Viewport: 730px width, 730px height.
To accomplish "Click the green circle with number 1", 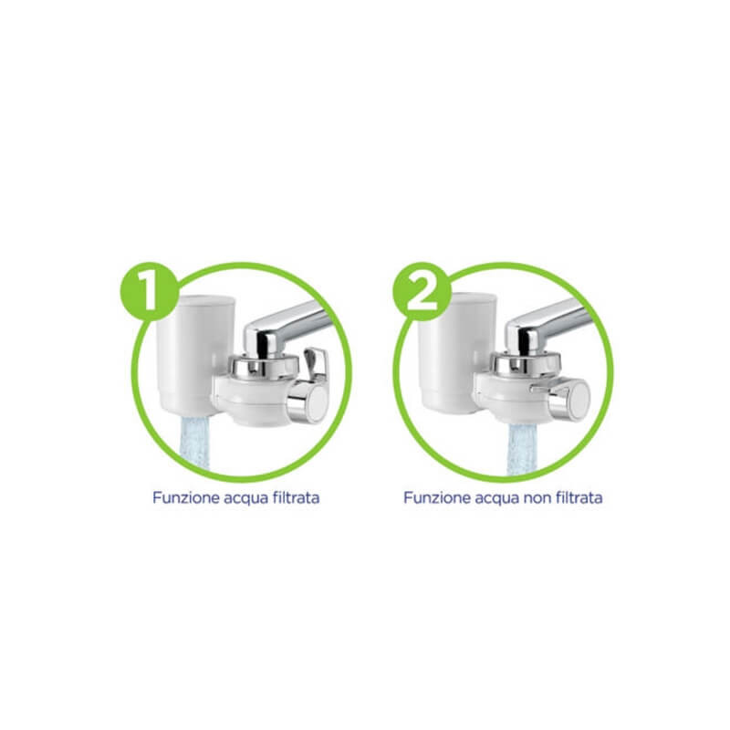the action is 150,291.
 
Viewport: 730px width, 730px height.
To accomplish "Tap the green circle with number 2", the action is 422,291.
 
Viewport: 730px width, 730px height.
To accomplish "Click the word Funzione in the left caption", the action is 186,497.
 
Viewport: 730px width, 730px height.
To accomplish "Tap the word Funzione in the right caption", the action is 437,497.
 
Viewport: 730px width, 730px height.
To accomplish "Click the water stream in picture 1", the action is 194,443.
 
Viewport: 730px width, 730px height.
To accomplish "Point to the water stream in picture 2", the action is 522,449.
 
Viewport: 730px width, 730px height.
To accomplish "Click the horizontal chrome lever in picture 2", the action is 548,387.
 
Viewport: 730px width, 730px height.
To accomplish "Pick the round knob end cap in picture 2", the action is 579,399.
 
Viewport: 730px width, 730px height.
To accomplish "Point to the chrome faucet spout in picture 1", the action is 285,328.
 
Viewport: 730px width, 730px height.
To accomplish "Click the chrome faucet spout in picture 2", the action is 547,325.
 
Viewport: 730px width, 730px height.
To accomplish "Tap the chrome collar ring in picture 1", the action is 264,367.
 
